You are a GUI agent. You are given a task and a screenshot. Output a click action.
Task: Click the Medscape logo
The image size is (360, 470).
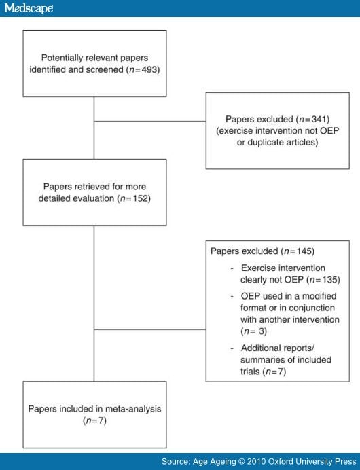click(x=29, y=8)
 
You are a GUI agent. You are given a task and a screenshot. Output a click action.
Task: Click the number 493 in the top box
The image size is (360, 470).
click(x=149, y=69)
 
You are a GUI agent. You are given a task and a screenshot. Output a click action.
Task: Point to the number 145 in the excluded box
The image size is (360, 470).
click(x=304, y=251)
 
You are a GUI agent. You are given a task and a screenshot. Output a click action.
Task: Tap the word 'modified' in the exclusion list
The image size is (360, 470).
click(x=319, y=296)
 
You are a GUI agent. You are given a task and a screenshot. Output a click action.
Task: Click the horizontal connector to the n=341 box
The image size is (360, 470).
click(x=150, y=121)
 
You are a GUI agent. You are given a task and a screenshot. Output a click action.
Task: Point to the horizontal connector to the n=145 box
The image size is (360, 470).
click(x=150, y=329)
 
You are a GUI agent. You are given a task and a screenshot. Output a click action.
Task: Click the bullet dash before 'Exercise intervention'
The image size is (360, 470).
click(x=232, y=268)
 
